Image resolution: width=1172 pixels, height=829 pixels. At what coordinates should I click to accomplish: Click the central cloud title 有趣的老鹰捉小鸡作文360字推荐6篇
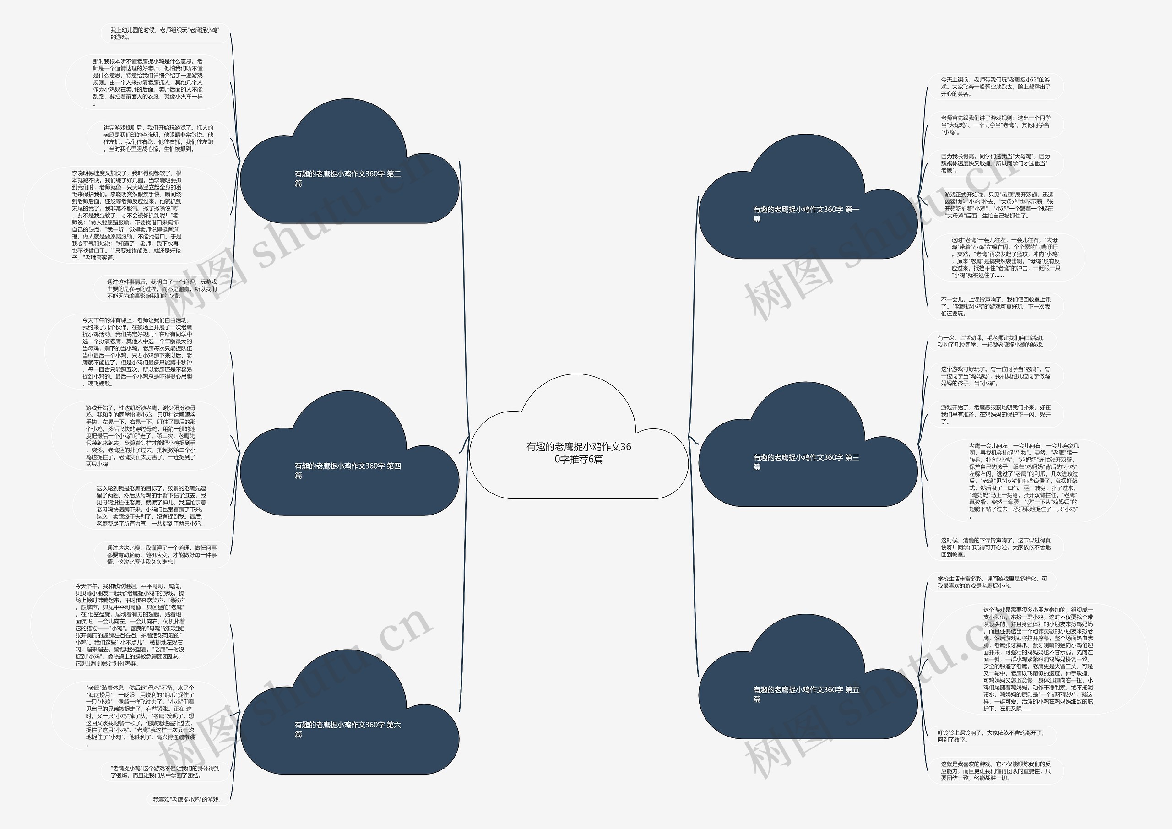[578, 452]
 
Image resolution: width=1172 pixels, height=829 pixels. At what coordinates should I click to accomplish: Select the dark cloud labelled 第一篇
[807, 213]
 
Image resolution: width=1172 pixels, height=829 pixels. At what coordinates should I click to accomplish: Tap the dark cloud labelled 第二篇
[349, 178]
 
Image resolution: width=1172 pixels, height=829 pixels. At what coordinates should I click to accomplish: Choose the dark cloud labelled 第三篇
[807, 461]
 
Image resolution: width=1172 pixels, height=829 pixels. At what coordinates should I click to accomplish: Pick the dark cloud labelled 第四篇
[349, 470]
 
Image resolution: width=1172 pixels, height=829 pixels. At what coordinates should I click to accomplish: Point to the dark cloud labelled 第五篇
[807, 694]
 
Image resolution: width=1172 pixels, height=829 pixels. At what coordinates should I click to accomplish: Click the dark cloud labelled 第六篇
[349, 729]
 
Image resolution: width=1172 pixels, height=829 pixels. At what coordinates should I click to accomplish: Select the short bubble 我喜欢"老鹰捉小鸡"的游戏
[187, 799]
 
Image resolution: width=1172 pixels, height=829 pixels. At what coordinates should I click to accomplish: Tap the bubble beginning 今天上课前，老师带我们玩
[995, 87]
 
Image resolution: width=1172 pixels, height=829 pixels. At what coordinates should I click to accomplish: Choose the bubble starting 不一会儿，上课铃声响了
[995, 306]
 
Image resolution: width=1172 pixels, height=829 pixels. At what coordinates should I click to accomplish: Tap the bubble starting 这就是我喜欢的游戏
[995, 771]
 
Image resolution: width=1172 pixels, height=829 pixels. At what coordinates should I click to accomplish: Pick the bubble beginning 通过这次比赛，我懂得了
[162, 555]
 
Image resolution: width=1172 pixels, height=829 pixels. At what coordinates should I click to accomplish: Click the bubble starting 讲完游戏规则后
[158, 138]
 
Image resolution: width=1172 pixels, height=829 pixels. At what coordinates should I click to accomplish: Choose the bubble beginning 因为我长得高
[995, 163]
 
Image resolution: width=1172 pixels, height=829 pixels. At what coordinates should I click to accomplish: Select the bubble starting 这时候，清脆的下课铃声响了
[995, 547]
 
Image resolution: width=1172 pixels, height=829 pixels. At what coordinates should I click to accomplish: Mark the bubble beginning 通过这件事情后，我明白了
[162, 289]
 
